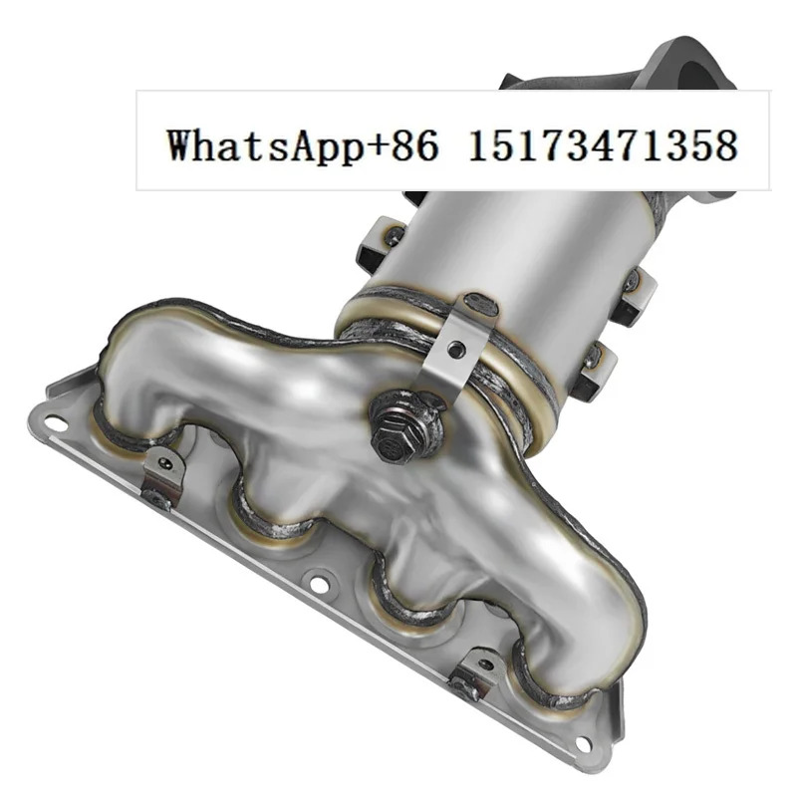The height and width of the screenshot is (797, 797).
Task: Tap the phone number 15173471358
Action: [603, 145]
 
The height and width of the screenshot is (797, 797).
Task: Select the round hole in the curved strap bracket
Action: [456, 348]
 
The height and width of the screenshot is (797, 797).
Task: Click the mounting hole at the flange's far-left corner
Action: [56, 422]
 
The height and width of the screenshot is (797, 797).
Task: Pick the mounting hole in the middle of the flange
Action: [319, 585]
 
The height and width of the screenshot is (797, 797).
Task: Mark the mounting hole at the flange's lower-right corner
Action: [584, 742]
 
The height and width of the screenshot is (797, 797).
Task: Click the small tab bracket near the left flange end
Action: [162, 475]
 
